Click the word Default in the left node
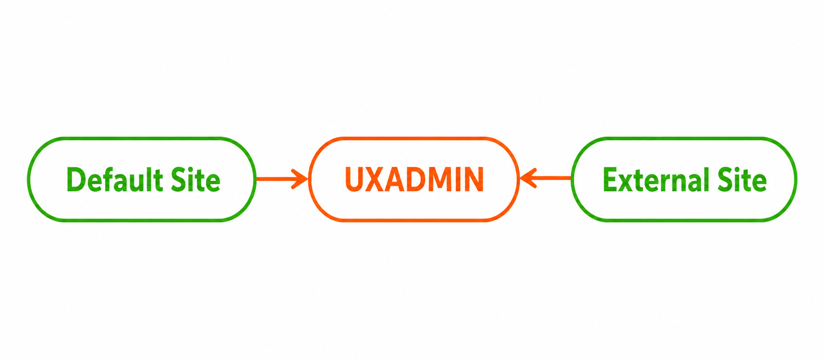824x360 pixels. [115, 179]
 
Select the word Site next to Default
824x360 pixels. [195, 179]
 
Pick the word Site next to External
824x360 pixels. [742, 179]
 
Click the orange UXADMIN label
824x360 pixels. [414, 179]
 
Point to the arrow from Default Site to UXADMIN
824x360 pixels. [282, 179]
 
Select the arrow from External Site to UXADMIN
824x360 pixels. [546, 178]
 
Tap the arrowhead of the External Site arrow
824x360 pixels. [528, 178]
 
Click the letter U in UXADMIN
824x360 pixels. [354, 179]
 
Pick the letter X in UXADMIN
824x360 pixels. [375, 179]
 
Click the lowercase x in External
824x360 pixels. [628, 183]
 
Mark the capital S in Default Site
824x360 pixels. [179, 179]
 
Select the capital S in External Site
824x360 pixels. [726, 179]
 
